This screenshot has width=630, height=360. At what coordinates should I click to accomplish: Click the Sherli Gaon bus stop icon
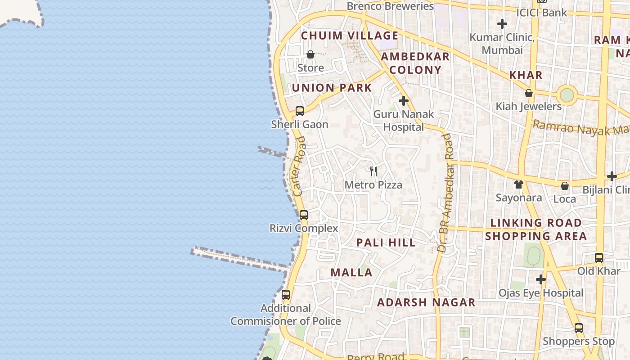click(300, 111)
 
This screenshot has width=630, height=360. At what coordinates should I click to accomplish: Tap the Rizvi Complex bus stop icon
click(304, 215)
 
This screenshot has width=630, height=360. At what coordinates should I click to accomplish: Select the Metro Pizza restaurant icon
click(373, 171)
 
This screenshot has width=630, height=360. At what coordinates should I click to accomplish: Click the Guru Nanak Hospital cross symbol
click(404, 101)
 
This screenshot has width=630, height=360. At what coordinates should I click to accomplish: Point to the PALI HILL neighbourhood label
click(386, 243)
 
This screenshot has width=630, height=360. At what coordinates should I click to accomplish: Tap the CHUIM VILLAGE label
click(350, 36)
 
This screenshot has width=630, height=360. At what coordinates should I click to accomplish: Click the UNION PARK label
click(332, 88)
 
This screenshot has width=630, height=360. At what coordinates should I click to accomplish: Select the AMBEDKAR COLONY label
click(415, 63)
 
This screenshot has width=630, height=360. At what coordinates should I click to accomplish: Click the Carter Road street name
click(299, 166)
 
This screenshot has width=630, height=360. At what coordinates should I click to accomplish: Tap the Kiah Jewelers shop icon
click(529, 93)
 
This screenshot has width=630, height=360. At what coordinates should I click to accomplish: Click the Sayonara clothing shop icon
click(519, 184)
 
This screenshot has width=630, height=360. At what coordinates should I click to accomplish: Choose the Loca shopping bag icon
click(565, 186)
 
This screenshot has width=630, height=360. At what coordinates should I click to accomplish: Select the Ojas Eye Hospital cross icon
click(541, 279)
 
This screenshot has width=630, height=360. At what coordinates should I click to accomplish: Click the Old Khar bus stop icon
click(599, 257)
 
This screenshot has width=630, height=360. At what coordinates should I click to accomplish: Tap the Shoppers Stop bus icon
click(579, 328)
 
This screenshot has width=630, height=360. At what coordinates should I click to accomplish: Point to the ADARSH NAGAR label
click(426, 302)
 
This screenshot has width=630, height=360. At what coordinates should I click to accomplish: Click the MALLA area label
click(351, 272)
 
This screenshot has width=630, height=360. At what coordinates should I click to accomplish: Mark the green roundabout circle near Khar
click(567, 95)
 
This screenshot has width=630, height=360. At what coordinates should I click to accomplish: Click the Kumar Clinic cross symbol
click(502, 23)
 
